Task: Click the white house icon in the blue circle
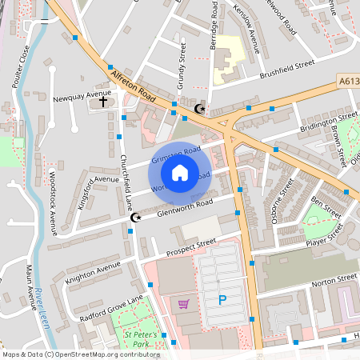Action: coord(180,171)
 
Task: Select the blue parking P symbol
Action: coord(222,301)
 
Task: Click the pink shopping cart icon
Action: coord(184,304)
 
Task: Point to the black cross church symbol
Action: coord(102,102)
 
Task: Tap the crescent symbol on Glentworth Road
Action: coord(134,217)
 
